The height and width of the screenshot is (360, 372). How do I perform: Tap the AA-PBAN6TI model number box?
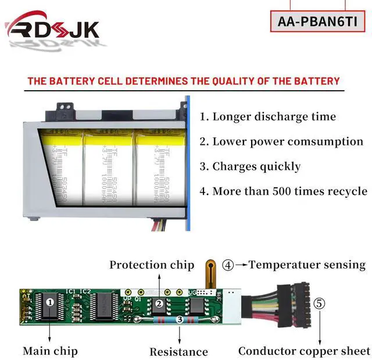pos(321,22)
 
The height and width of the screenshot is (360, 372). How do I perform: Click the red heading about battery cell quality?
pos(183,81)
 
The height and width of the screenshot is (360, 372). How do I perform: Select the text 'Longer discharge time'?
pos(268,116)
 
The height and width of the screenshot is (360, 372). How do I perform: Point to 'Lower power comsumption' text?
pos(281,141)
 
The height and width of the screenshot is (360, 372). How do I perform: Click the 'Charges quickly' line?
pos(250,166)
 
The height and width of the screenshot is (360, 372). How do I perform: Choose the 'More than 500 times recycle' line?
pos(283,191)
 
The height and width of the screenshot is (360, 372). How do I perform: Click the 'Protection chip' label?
pos(152,265)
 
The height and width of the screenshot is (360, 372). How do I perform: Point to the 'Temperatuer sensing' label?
pos(307,265)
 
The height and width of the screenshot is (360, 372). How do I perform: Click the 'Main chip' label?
pos(50,351)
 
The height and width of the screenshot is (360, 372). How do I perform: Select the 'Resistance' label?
pos(178,351)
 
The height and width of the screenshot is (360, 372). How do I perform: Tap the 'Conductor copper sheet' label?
pos(304,351)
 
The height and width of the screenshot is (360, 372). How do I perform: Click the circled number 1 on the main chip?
pos(50,302)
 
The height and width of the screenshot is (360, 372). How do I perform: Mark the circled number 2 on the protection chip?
pos(158,303)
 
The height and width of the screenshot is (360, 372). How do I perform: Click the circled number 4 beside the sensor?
pos(228,265)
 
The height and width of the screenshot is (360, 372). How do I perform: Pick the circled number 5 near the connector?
pos(319,303)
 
